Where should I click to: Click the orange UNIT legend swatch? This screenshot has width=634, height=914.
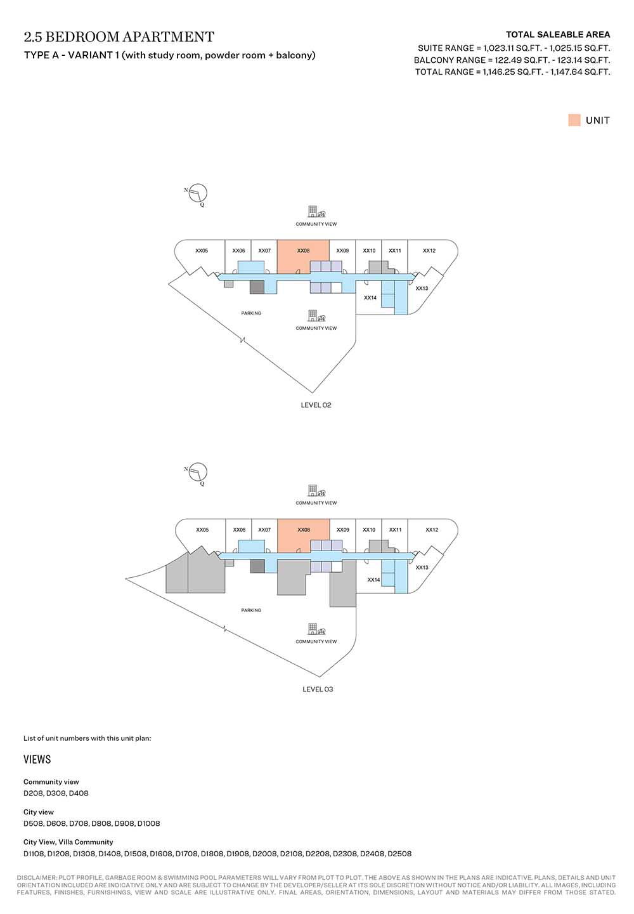[574, 121]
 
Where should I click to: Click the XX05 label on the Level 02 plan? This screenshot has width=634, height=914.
[202, 251]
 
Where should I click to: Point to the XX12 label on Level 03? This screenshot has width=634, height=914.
[432, 530]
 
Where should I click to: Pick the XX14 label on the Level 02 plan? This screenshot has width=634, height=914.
[370, 297]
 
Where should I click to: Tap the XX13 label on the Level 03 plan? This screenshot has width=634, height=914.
[422, 568]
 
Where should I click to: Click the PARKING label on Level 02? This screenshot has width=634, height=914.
[251, 313]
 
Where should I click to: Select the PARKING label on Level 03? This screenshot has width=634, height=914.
[251, 610]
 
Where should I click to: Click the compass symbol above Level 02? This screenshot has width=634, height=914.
[198, 192]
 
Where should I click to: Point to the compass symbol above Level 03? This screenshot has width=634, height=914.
[198, 471]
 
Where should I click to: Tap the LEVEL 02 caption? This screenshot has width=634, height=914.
[316, 405]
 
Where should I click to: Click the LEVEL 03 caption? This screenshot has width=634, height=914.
[318, 689]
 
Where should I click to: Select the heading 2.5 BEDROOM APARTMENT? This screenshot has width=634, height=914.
[119, 37]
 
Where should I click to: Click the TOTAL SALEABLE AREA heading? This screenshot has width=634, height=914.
[558, 35]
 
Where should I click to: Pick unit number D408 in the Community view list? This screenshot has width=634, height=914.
[79, 793]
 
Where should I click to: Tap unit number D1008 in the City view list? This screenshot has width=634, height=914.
[148, 823]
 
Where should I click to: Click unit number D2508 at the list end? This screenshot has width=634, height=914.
[399, 854]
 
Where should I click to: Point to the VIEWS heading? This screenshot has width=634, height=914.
[37, 760]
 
